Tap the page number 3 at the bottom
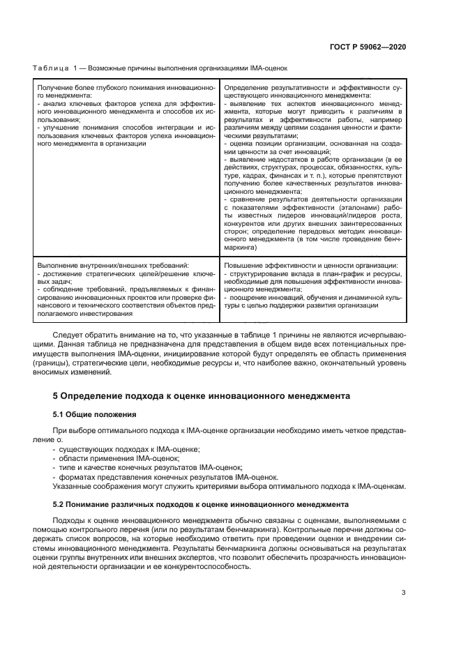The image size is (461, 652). pos(404,593)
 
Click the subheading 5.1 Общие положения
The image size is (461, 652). pos(95,414)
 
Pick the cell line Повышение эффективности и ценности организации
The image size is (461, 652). pos(311,266)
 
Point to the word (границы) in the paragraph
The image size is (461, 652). pos(73,363)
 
